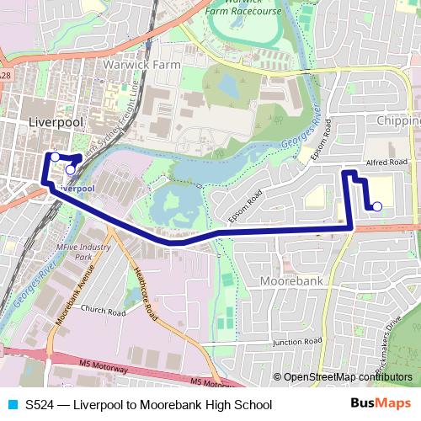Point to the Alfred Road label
click(x=386, y=162)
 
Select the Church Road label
click(x=103, y=312)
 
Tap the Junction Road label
click(x=297, y=341)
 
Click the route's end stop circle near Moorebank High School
click(x=377, y=206)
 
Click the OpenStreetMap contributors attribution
click(x=348, y=377)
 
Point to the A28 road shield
click(x=6, y=75)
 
